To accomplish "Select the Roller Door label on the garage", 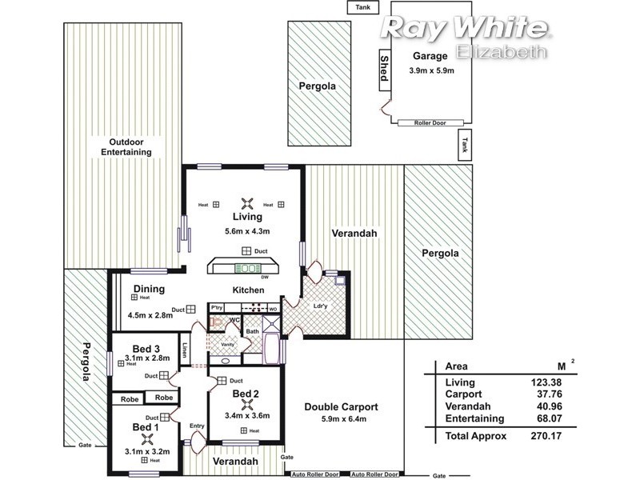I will [429, 123].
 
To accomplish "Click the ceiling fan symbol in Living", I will [247, 203].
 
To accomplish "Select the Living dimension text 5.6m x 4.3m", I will [247, 231].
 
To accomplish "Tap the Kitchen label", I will [248, 290].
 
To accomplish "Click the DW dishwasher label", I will [264, 278].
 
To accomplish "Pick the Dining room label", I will [149, 289].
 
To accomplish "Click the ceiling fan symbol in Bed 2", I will [246, 405].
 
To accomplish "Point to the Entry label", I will [197, 426].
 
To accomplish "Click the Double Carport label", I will [341, 407].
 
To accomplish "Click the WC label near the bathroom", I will [235, 320].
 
